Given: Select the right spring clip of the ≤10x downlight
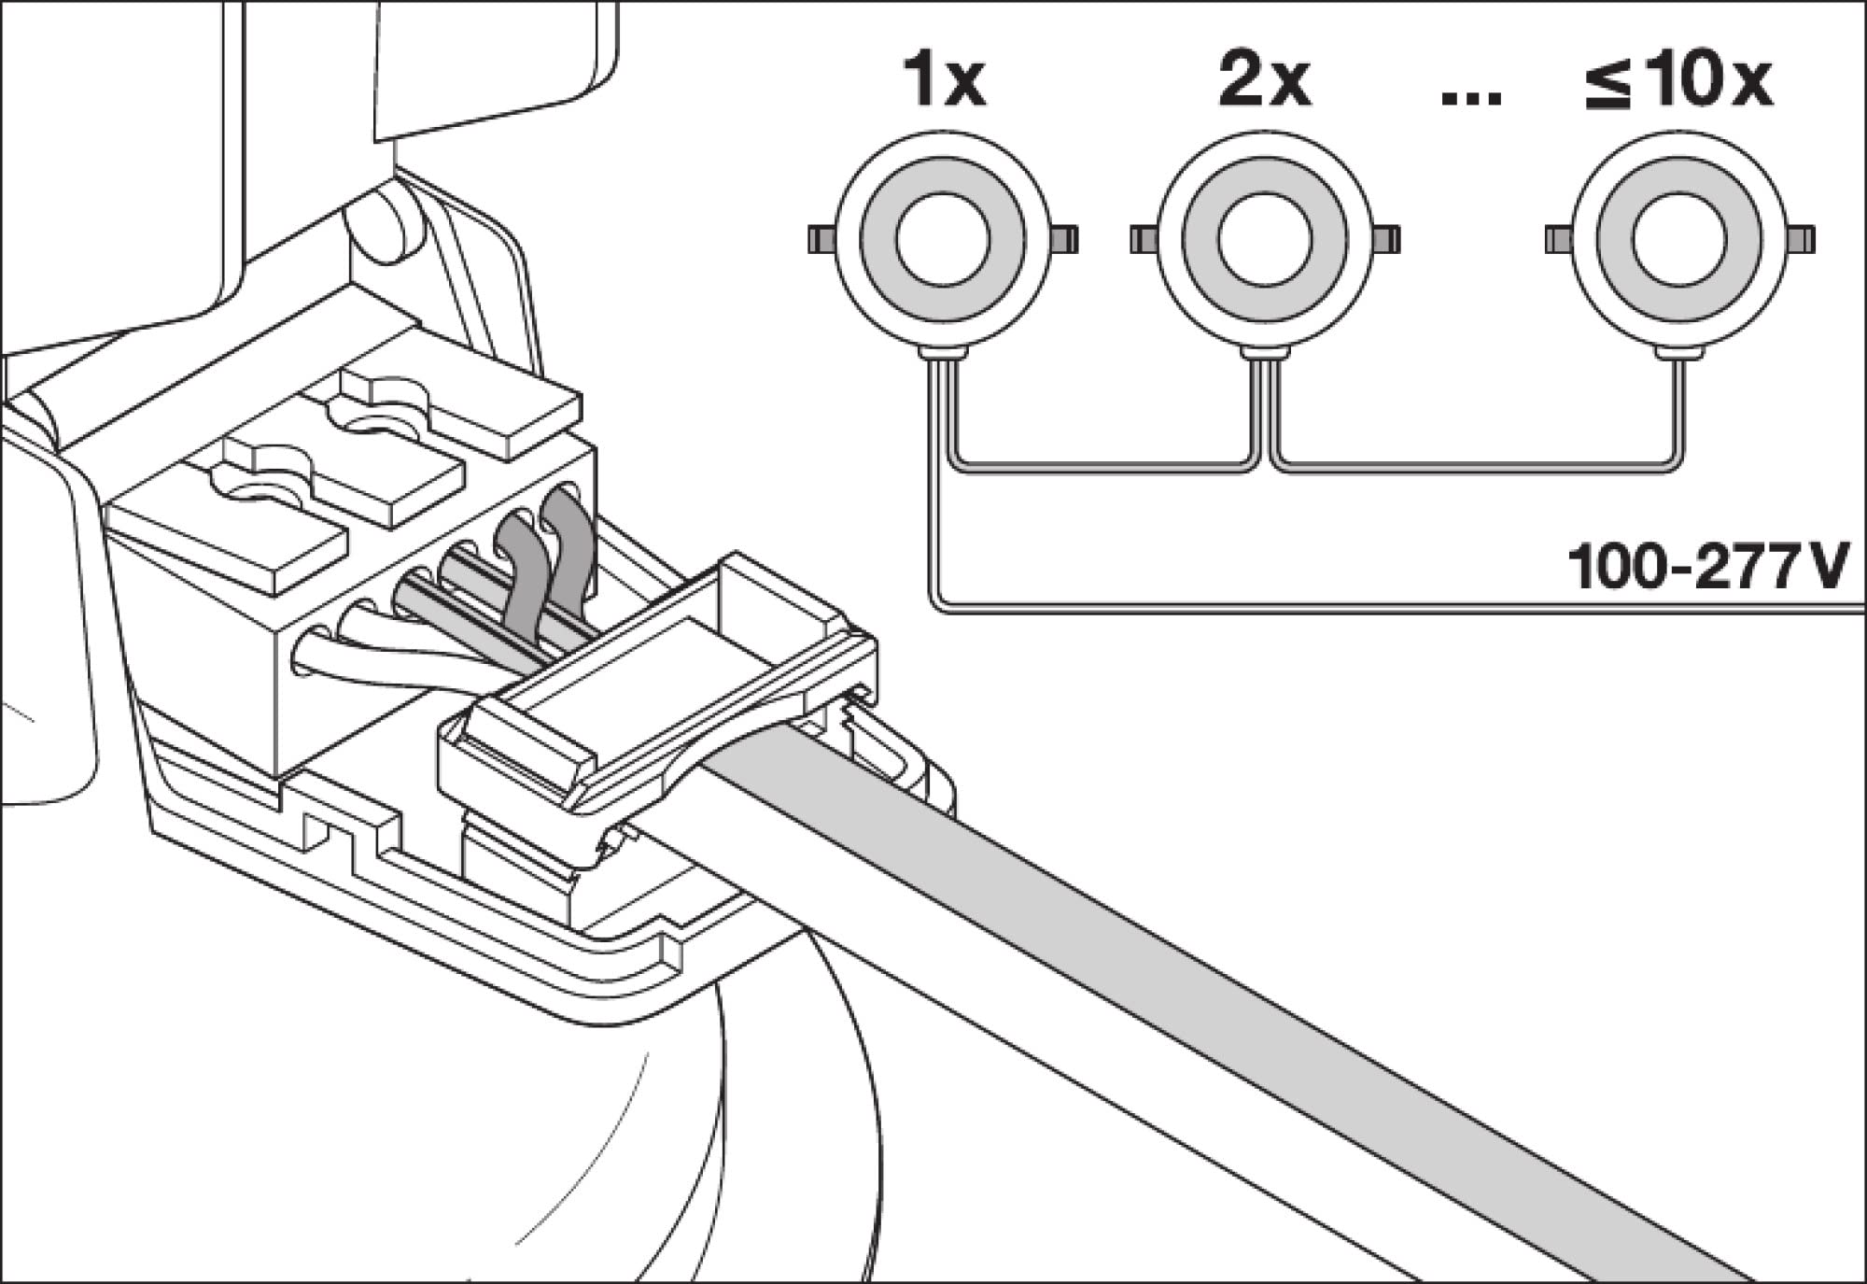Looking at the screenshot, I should (1804, 239).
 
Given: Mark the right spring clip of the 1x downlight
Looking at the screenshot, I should (1063, 239).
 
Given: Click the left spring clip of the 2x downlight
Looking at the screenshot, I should (1144, 239).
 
